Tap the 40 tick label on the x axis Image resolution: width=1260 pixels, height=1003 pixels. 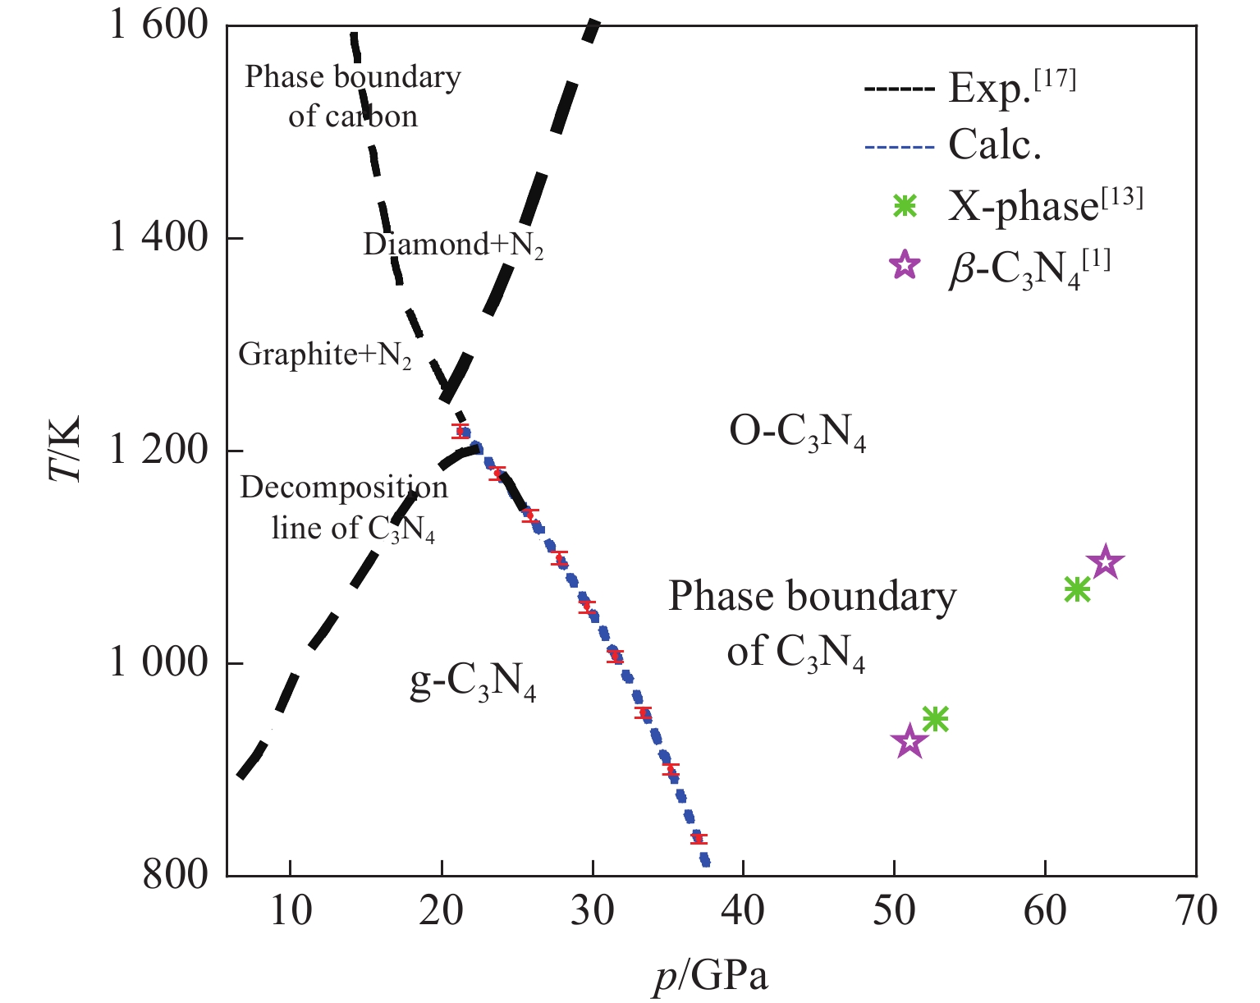(x=743, y=911)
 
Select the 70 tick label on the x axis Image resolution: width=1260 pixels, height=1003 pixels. (x=1196, y=911)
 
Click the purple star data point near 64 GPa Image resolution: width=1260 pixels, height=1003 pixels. (x=1105, y=563)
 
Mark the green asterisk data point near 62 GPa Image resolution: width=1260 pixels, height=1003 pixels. (x=1076, y=589)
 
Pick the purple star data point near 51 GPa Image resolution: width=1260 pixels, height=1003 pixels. (x=909, y=742)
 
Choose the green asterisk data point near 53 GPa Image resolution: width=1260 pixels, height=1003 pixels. (x=936, y=719)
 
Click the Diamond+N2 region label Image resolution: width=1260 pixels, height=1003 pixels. (x=453, y=245)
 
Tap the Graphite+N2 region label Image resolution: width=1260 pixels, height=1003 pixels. (x=325, y=355)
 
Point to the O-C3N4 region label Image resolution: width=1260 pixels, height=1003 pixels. (x=797, y=434)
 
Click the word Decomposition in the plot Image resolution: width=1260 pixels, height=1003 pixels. (x=344, y=488)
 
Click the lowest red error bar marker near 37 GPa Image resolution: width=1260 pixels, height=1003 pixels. (x=699, y=838)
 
